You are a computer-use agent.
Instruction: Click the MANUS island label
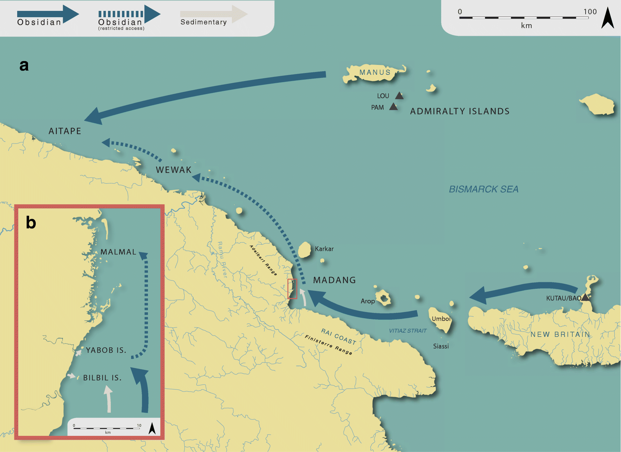[x=375, y=72]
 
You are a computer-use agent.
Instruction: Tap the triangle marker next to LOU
[x=399, y=95]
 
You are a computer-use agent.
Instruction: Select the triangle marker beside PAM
[x=394, y=107]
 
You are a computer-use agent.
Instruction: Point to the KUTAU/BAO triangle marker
[x=585, y=298]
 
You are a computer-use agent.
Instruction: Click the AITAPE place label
[x=65, y=131]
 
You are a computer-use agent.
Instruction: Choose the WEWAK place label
[x=173, y=170]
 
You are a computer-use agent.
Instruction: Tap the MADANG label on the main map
[x=334, y=280]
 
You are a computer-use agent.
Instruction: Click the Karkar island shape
[x=305, y=250]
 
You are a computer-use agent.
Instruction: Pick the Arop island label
[x=368, y=301]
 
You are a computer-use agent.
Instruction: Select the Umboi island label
[x=441, y=319]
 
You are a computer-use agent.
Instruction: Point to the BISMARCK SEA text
[x=483, y=189]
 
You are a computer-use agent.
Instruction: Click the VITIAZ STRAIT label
[x=408, y=331]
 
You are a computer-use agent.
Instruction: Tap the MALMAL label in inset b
[x=118, y=252]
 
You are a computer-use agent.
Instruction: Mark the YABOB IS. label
[x=106, y=350]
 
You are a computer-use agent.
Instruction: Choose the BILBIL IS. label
[x=102, y=378]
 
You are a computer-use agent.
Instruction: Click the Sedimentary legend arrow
[x=214, y=14]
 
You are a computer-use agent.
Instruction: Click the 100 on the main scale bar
[x=590, y=12]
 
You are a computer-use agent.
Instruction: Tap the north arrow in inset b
[x=152, y=428]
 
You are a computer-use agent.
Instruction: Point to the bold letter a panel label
[x=24, y=66]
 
